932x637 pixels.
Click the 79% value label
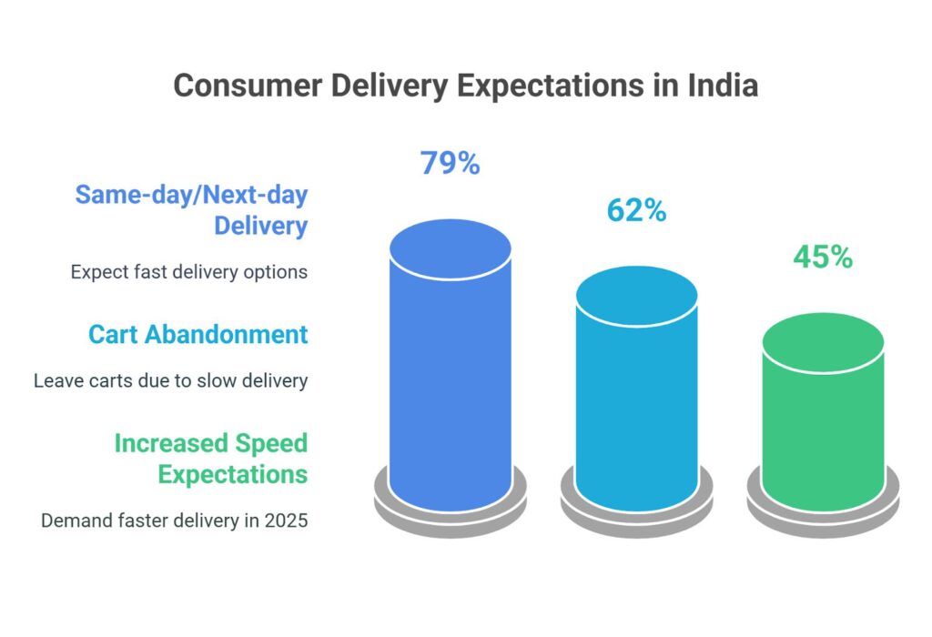[x=450, y=164]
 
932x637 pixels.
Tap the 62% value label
[x=636, y=211]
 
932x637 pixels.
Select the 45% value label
[x=823, y=258]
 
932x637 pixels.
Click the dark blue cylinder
[x=450, y=382]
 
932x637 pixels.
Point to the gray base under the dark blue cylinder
[x=450, y=515]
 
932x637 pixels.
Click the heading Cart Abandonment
[x=198, y=334]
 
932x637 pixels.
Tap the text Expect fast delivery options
[x=188, y=271]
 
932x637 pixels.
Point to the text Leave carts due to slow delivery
[x=171, y=380]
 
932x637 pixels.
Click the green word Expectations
[x=232, y=474]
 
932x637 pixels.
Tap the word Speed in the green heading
[x=270, y=443]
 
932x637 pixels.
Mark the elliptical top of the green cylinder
[x=823, y=343]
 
